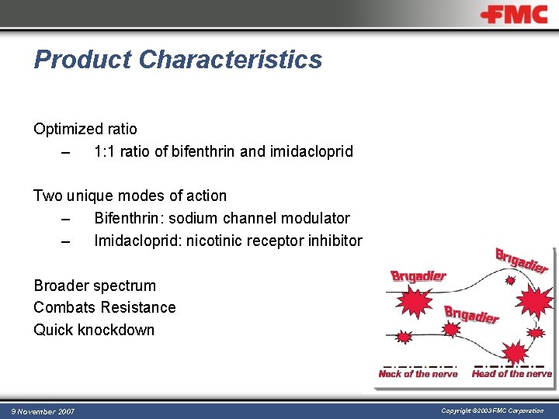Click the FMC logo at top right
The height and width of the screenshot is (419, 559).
click(513, 15)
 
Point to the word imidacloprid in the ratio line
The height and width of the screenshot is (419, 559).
click(311, 151)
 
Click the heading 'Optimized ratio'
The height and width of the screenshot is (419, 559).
click(85, 129)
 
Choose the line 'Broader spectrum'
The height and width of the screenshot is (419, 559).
click(95, 286)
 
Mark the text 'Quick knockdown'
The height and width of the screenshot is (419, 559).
click(94, 330)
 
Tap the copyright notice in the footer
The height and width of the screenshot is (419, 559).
click(492, 410)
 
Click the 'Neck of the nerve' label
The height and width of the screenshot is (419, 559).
click(418, 374)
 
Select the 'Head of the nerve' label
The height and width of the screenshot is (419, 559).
click(512, 374)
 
